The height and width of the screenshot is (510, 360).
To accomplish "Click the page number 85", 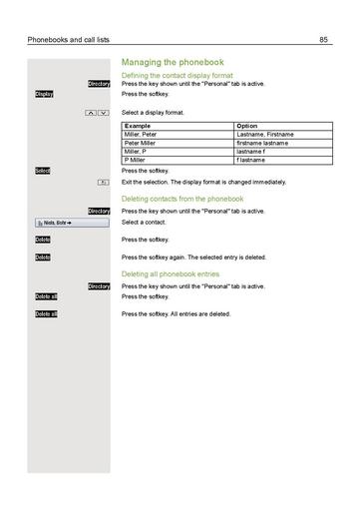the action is [x=324, y=39].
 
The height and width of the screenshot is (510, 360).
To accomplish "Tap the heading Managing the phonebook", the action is [x=172, y=62].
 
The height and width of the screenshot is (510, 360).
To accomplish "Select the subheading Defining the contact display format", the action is [x=178, y=76].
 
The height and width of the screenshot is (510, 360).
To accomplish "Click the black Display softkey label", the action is [x=44, y=95].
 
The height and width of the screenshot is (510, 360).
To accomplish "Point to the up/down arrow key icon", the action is [x=97, y=114].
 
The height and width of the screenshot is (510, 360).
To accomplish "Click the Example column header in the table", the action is [x=137, y=127].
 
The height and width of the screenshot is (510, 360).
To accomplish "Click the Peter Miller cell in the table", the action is [x=141, y=143].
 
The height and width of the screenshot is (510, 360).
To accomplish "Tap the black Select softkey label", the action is [x=42, y=172].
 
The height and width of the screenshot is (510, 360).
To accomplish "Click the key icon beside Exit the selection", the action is [x=104, y=183].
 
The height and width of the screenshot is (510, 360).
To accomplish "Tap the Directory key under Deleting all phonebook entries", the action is [x=99, y=286].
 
